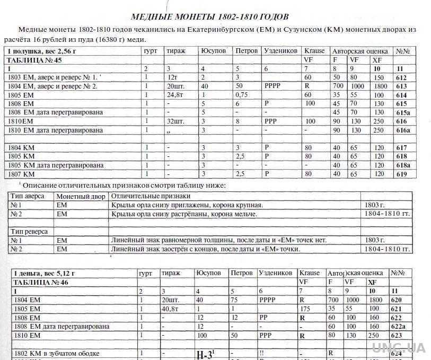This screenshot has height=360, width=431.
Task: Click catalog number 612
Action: coord(401,77)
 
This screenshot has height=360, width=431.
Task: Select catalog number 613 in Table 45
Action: coord(401,86)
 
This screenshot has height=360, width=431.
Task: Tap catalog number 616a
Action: coord(403,130)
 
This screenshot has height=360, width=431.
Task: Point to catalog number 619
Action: coord(401,174)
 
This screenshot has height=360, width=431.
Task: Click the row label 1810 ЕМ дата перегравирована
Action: coord(55,130)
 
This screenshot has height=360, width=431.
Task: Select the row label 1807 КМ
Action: coord(22,174)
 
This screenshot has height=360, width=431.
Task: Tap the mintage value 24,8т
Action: coord(174,95)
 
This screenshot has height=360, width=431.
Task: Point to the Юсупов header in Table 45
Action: coord(214,51)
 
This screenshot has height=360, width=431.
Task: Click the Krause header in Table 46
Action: coord(309,273)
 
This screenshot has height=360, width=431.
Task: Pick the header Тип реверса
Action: coord(29,231)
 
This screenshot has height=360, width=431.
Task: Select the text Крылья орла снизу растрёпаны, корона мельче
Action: coord(184,214)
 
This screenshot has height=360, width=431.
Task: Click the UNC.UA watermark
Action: coord(398,348)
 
